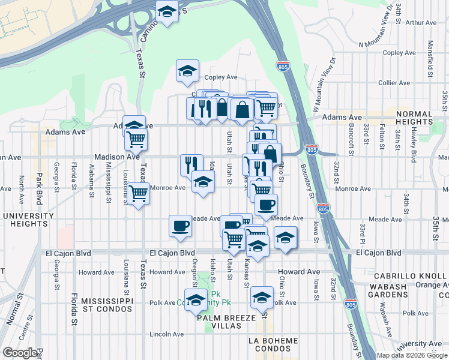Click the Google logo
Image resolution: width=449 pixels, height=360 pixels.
click(20, 353)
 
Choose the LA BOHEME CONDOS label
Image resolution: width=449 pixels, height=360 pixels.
click(273, 345)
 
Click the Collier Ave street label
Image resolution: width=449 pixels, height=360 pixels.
click(394, 82)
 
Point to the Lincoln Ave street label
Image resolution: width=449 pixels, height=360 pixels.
click(167, 334)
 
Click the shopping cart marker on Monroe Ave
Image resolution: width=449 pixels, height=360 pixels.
click(138, 194)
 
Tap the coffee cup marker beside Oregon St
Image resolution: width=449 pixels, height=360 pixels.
click(180, 226)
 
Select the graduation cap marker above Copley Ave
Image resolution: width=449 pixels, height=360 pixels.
click(187, 71)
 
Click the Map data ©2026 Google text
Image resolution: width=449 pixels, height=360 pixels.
click(412, 355)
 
